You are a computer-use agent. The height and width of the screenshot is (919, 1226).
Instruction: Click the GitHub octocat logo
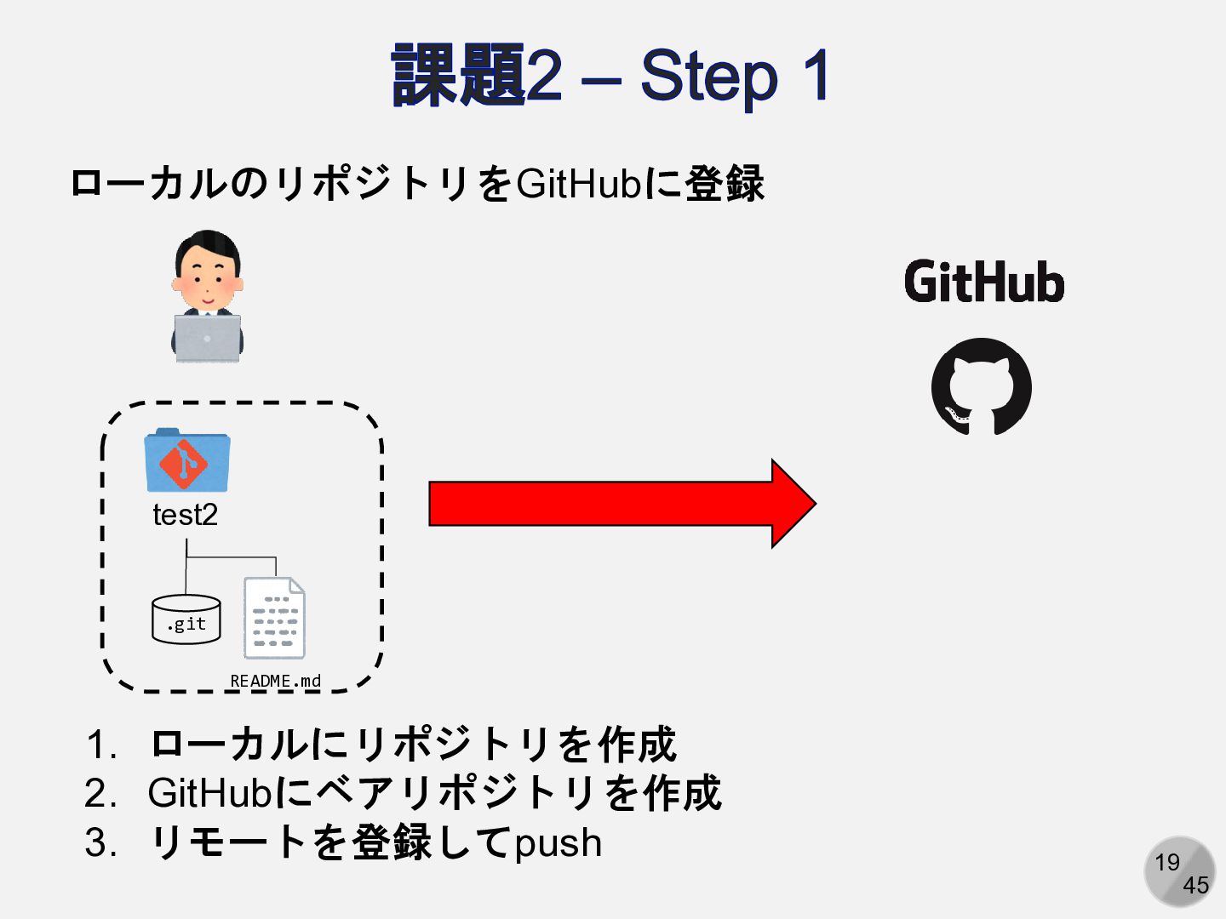coord(982,387)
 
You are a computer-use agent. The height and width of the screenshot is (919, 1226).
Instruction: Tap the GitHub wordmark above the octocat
coord(984,283)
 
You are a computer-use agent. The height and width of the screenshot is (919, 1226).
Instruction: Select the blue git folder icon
coord(187,460)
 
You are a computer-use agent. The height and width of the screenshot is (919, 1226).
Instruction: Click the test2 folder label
coord(185,515)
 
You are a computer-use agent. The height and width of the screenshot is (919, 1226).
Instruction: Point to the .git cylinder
coord(186,619)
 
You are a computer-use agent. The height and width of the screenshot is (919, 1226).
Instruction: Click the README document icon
coord(274,618)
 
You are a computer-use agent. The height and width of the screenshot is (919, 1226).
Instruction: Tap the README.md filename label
coord(275,681)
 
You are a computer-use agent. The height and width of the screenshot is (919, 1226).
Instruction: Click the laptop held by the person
coord(208,338)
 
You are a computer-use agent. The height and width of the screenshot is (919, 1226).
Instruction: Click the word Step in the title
coord(708,77)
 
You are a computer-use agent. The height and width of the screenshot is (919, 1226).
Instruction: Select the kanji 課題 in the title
coord(458,77)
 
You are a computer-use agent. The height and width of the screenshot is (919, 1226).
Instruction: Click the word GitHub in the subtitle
coord(577,184)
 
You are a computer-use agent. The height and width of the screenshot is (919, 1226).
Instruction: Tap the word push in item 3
coord(559,843)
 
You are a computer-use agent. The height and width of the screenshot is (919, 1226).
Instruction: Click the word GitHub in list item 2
coord(209,793)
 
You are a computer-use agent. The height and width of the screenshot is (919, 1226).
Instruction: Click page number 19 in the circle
coord(1167,863)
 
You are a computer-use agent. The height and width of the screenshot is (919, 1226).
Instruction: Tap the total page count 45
coord(1195,886)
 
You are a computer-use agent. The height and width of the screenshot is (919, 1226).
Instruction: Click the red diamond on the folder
coord(183,464)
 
